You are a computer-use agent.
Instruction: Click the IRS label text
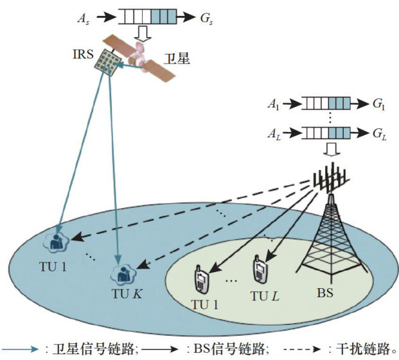tap(83, 55)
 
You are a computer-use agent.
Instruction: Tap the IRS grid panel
tap(108, 62)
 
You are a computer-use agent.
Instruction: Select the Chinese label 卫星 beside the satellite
tap(177, 58)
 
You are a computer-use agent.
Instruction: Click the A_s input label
tap(84, 19)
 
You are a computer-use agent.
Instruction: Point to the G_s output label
tap(206, 19)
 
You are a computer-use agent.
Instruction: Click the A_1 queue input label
tap(273, 104)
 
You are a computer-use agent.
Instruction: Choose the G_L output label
tap(380, 134)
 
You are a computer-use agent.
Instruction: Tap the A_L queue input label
tap(274, 134)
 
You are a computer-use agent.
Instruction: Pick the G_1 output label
tap(379, 104)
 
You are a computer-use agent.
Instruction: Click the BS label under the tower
tap(325, 293)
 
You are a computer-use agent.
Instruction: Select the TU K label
tap(127, 294)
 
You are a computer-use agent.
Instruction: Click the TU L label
tap(265, 296)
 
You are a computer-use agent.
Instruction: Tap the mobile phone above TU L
tap(260, 269)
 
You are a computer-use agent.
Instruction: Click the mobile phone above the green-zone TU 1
tap(201, 279)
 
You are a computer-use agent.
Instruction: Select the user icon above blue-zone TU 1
tap(56, 242)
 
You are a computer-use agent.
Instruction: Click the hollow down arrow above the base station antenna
tap(332, 149)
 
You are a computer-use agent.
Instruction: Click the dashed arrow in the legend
tap(302, 349)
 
